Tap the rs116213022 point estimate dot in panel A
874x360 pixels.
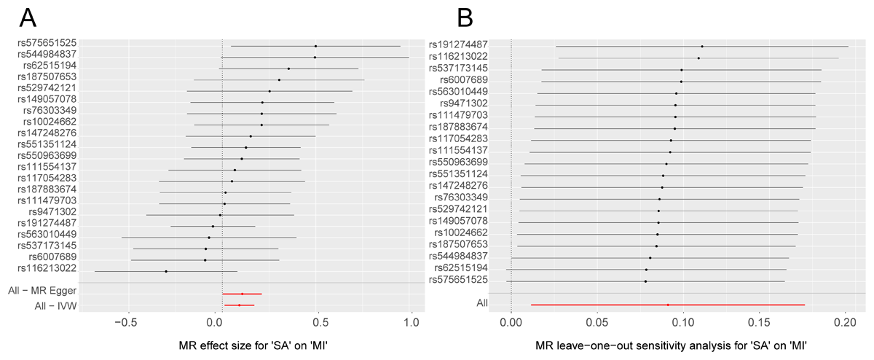(166, 271)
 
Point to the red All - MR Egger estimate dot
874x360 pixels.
(242, 294)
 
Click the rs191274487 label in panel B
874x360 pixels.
(458, 44)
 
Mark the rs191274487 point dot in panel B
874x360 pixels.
(702, 46)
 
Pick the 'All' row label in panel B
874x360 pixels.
(482, 302)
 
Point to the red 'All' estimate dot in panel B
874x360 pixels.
(668, 305)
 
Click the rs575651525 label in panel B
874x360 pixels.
(458, 280)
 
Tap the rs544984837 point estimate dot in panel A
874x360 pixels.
(315, 57)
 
